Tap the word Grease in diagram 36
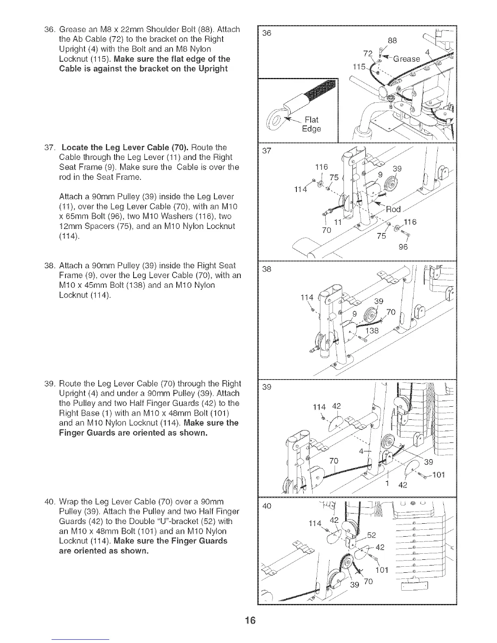(407, 59)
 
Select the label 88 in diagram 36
(392, 40)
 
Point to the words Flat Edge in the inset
(311, 124)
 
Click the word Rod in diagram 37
(393, 209)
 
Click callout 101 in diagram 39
(438, 475)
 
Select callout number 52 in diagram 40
(371, 535)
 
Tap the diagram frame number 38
(266, 269)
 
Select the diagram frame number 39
(266, 387)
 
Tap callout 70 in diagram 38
(391, 312)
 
